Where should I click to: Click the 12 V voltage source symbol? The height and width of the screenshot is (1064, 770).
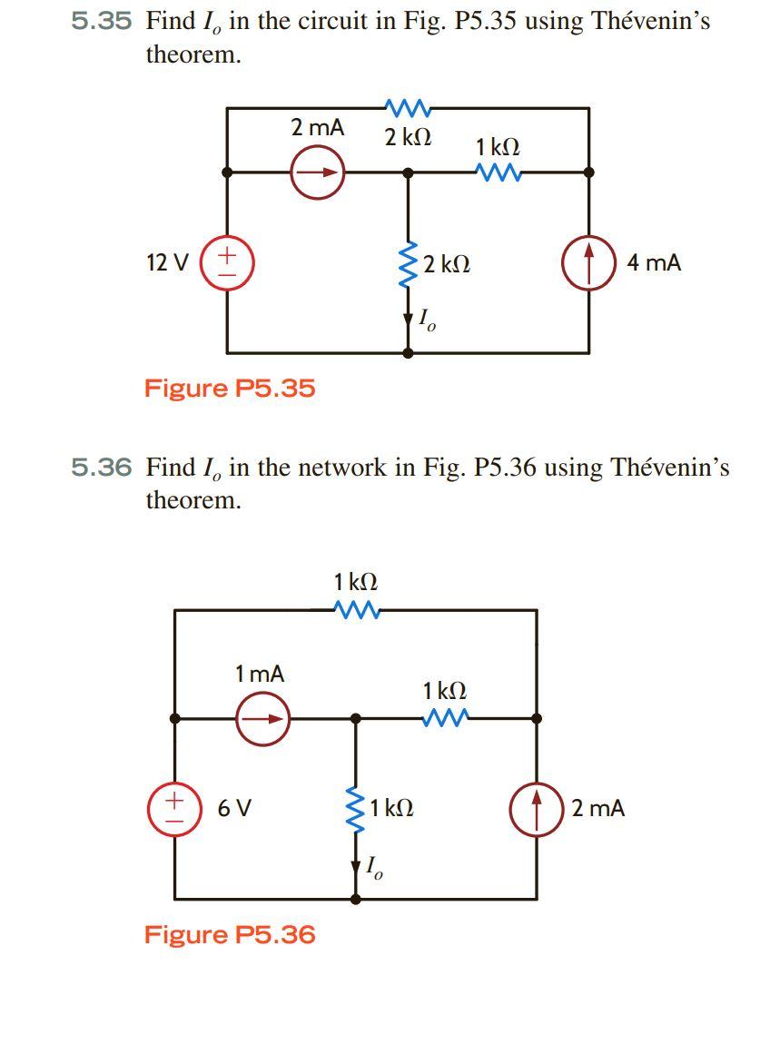226,263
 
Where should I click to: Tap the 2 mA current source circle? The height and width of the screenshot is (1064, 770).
318,172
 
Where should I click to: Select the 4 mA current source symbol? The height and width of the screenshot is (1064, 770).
589,263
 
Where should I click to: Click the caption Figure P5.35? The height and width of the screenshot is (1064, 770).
230,389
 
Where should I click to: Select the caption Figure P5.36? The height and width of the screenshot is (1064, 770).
230,934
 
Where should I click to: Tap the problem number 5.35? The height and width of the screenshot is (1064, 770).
102,23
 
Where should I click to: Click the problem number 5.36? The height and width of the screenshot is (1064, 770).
102,468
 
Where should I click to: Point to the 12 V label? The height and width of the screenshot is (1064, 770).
167,263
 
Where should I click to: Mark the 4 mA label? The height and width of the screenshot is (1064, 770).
654,263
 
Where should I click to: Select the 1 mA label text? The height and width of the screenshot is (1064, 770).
259,674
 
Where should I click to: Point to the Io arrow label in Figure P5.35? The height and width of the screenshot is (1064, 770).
425,320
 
